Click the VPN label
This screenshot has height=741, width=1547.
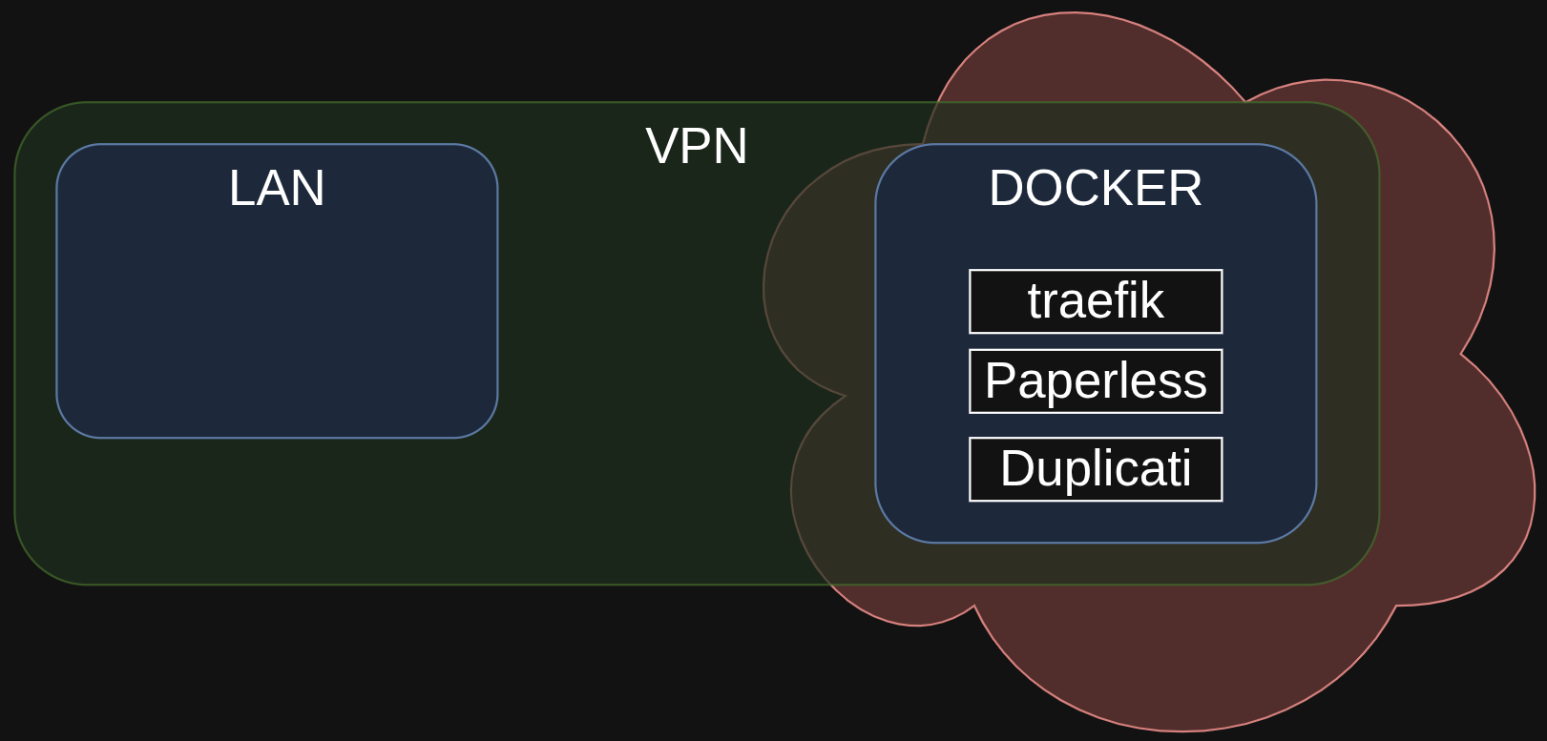[696, 146]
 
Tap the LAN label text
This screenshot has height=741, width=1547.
[277, 188]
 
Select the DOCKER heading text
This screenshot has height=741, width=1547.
[1095, 188]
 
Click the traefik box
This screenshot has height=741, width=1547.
[1095, 301]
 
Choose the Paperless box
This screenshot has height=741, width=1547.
[1095, 381]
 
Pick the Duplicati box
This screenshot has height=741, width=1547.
[1095, 469]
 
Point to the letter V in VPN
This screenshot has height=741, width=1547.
[661, 146]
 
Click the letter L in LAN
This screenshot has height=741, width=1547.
[240, 188]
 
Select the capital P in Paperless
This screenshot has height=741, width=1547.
[999, 381]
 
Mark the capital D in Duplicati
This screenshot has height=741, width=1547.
[1016, 468]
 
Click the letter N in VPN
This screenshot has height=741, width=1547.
[730, 146]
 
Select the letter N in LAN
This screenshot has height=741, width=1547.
[309, 188]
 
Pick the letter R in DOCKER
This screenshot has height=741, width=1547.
[1184, 188]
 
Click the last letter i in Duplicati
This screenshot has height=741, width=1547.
[1186, 468]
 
